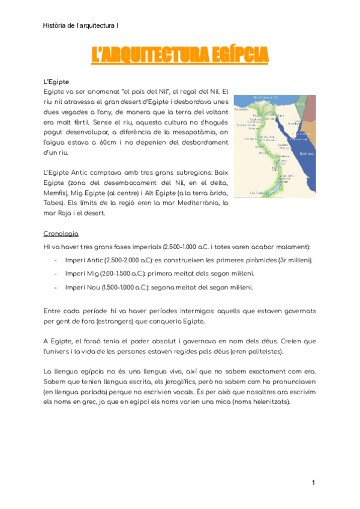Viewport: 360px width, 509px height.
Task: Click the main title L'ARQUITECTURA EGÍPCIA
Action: pos(180,56)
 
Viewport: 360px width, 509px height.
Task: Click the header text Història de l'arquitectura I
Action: pos(81,26)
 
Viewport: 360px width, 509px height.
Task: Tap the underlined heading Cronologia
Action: pos(61,233)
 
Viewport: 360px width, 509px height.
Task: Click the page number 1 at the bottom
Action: pos(313,483)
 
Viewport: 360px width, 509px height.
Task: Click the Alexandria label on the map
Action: pos(241,110)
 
